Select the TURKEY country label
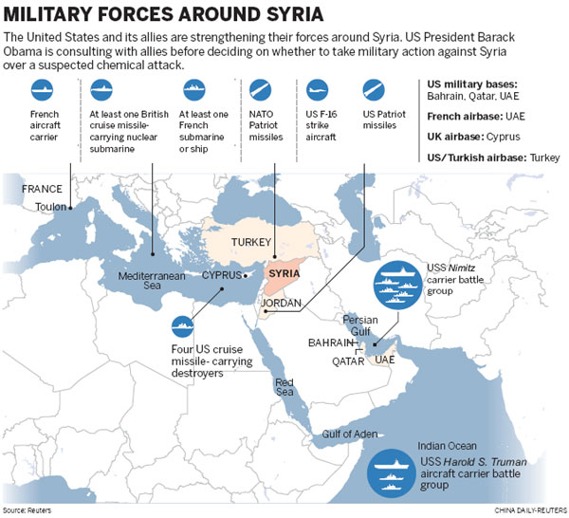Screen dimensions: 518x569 click(x=251, y=242)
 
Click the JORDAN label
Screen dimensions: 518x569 click(x=282, y=304)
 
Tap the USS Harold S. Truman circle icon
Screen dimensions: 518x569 click(x=393, y=470)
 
